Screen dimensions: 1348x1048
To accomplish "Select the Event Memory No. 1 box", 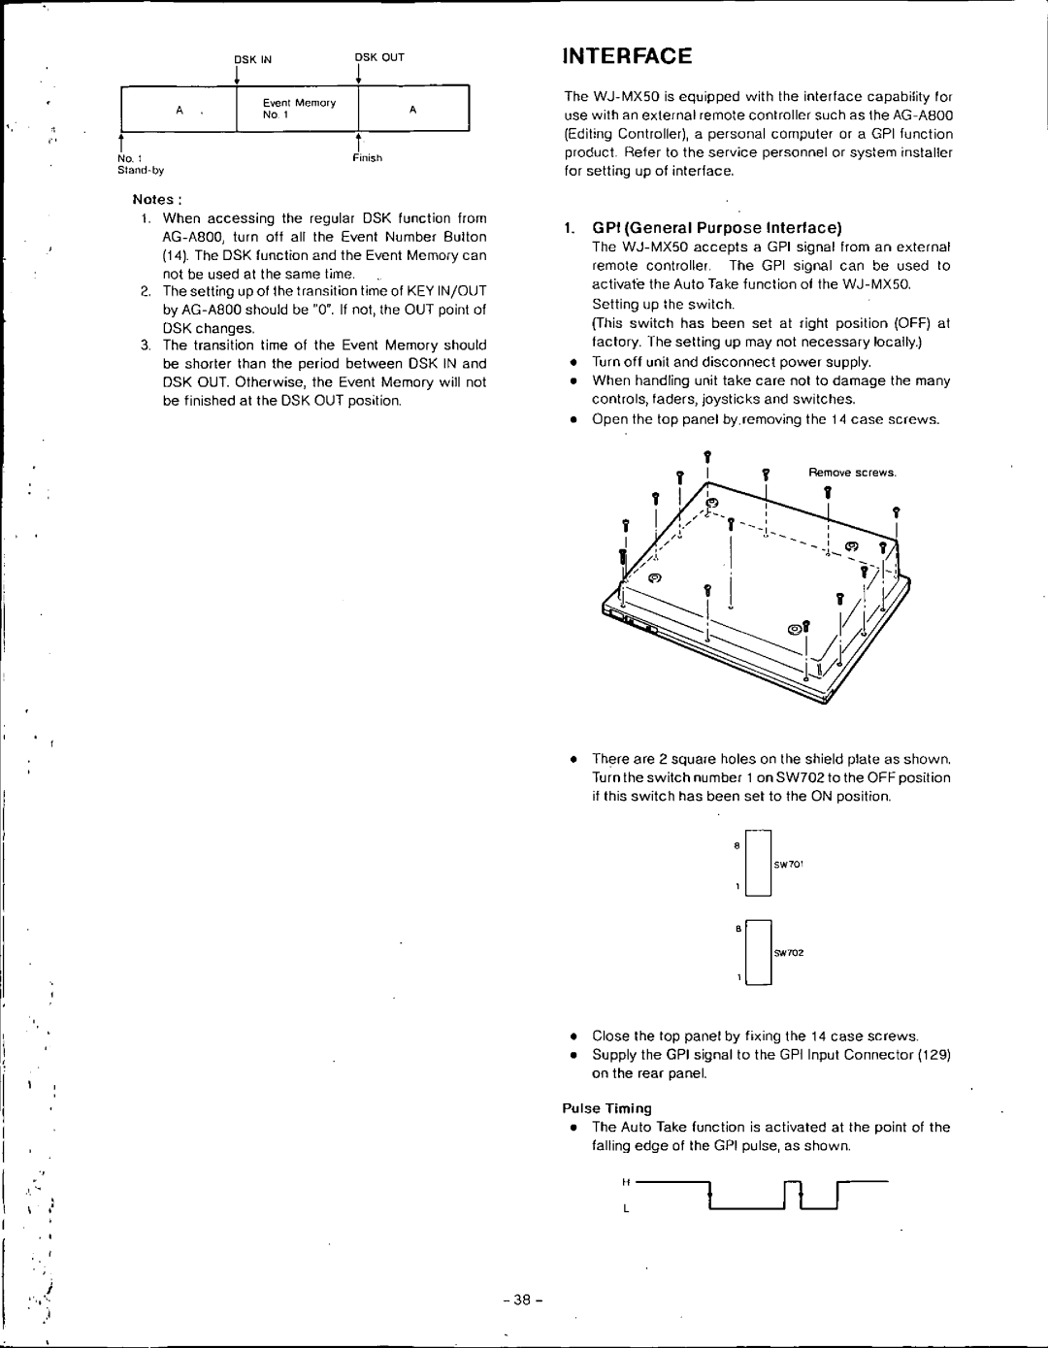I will click(x=297, y=108).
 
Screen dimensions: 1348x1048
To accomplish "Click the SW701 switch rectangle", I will click(x=758, y=863).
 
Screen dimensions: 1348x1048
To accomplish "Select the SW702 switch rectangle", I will click(x=758, y=952).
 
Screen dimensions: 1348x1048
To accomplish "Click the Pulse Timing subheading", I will click(x=607, y=1108).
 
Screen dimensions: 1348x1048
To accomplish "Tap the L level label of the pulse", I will click(x=627, y=1209).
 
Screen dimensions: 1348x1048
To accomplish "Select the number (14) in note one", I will click(x=175, y=255).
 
